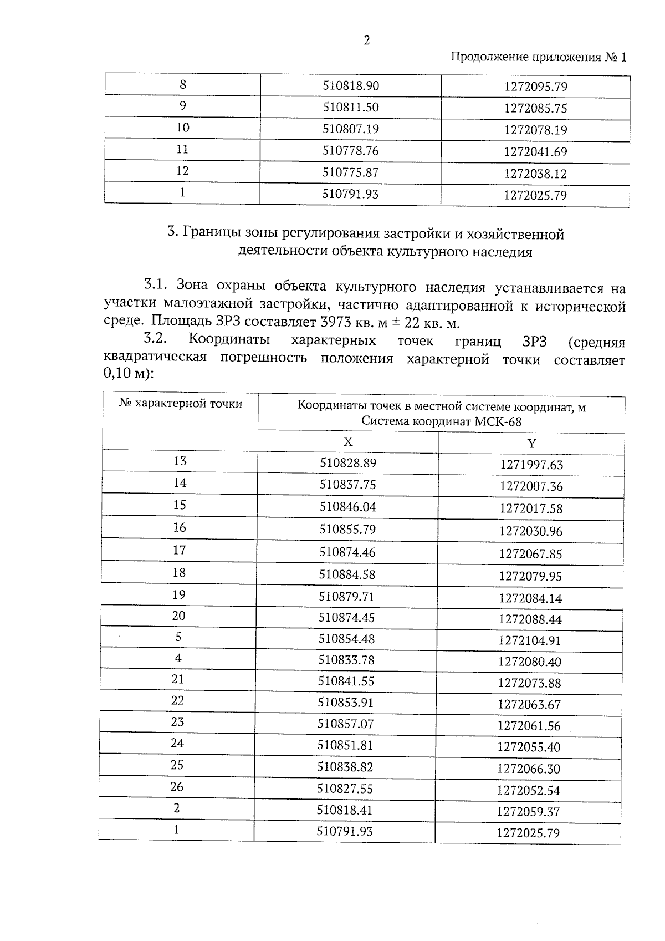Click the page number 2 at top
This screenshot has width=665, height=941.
(366, 40)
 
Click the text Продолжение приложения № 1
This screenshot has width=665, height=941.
(538, 57)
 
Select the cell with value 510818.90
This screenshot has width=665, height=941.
(351, 85)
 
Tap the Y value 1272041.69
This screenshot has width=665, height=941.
(535, 151)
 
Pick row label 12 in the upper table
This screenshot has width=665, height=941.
(182, 171)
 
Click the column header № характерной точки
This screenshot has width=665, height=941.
(181, 404)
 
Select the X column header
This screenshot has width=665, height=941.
(347, 442)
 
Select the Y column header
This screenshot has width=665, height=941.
(531, 443)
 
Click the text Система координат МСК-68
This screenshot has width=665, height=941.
(441, 421)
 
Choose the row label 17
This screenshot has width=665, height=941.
(179, 550)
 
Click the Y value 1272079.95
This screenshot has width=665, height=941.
(530, 576)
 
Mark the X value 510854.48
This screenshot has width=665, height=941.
(346, 638)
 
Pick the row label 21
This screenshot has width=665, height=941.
(177, 679)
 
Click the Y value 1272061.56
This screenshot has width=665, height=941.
(529, 725)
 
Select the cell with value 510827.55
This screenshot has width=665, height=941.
(345, 788)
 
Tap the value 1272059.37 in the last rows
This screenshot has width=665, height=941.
(528, 812)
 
